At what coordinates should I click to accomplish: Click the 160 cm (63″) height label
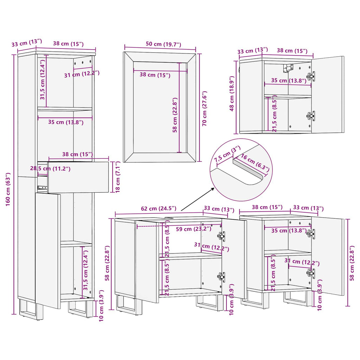(8, 189)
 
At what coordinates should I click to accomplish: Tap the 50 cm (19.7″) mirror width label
(163, 44)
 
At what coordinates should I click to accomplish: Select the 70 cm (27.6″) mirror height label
(204, 108)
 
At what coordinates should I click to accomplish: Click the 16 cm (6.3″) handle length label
(255, 163)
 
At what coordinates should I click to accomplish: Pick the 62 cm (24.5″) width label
(159, 208)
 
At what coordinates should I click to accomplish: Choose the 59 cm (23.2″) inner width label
(194, 229)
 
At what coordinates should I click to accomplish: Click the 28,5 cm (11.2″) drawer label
(50, 168)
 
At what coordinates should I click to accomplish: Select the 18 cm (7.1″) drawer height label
(117, 177)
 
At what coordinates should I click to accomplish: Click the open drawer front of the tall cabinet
(78, 177)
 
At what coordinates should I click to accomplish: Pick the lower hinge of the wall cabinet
(311, 115)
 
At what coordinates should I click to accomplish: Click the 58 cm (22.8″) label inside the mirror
(175, 115)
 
